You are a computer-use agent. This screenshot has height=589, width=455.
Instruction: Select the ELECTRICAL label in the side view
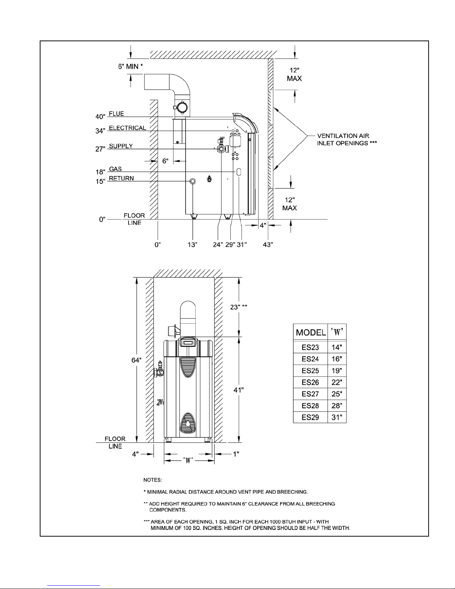click(x=127, y=128)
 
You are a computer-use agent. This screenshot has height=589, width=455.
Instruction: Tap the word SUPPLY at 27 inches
click(x=121, y=146)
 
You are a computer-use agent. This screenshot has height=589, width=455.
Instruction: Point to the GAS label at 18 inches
click(x=116, y=169)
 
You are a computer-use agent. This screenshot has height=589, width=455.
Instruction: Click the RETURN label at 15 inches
click(x=121, y=178)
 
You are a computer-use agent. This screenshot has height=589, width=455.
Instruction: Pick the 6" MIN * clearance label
click(x=130, y=67)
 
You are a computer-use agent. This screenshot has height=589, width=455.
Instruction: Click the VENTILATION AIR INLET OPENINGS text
click(x=347, y=139)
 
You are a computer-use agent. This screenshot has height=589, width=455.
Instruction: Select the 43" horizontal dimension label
click(x=268, y=245)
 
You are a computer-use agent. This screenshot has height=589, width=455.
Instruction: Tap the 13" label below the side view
click(x=192, y=245)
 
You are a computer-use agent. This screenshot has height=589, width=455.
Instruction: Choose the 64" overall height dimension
click(x=136, y=360)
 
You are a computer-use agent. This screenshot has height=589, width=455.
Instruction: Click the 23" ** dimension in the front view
click(x=238, y=307)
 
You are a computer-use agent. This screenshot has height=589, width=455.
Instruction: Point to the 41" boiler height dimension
click(x=238, y=390)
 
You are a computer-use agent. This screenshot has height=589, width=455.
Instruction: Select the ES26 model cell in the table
click(x=311, y=382)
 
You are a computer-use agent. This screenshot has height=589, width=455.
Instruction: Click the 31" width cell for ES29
click(x=337, y=417)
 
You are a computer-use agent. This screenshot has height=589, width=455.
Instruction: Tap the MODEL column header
click(x=311, y=332)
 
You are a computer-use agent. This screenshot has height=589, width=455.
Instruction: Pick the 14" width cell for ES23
click(x=337, y=347)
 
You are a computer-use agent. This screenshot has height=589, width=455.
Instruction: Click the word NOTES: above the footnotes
click(x=153, y=480)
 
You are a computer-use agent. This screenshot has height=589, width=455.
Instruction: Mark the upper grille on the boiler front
click(x=188, y=367)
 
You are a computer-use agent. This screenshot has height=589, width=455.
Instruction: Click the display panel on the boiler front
click(x=188, y=343)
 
